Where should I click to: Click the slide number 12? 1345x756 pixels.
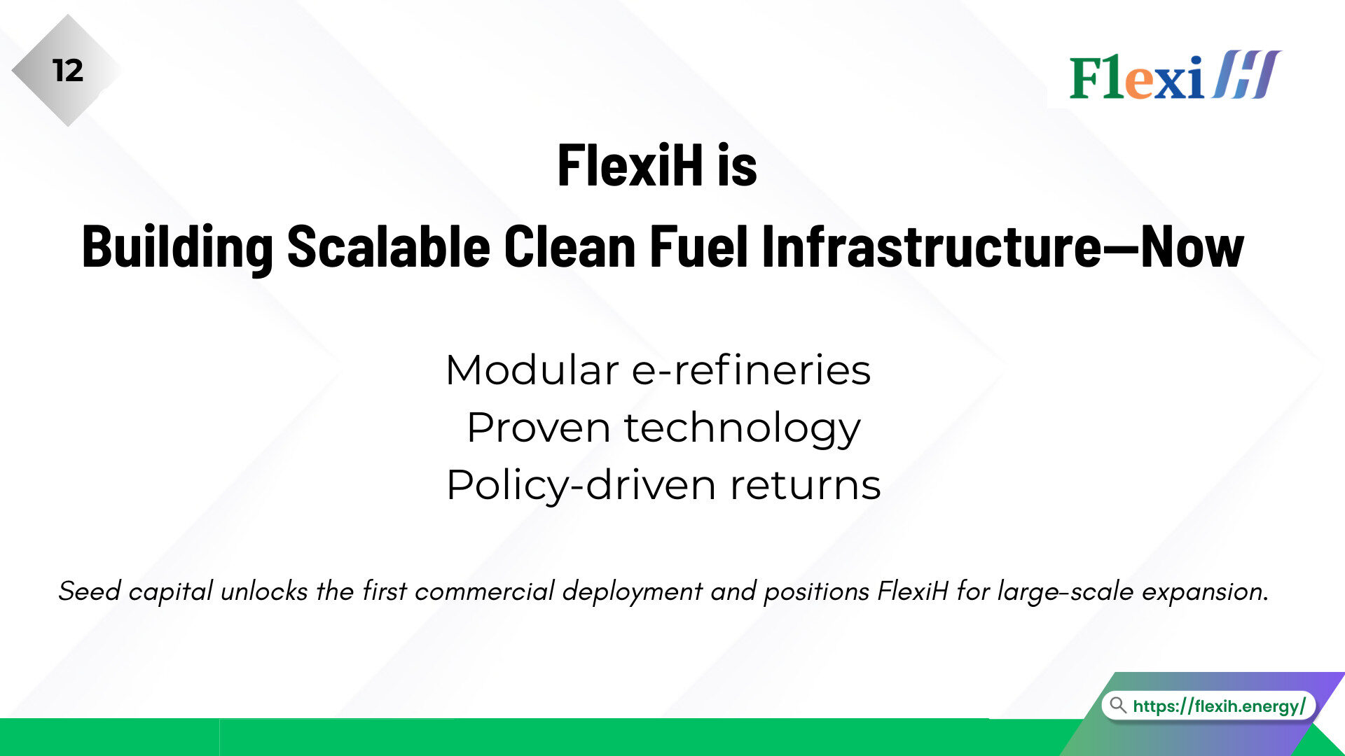68,71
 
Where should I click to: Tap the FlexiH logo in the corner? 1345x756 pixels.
1175,75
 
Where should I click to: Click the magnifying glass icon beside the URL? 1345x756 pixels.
1118,704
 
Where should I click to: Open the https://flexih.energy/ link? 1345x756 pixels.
1219,706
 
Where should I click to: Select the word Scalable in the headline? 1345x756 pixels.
389,246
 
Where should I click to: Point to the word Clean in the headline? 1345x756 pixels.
570,246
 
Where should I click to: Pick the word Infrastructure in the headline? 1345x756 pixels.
932,246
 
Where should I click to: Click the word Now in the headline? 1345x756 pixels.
1192,246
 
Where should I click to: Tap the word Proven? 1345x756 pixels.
539,428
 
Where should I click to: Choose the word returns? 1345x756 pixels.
806,486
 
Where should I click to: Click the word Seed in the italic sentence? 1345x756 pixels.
90,591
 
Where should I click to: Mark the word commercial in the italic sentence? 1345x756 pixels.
485,591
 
